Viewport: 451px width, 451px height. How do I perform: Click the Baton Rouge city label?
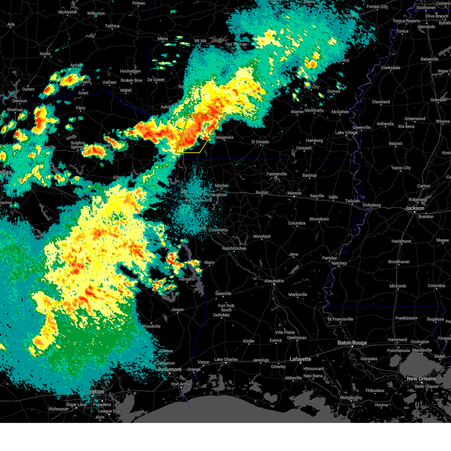[x=352, y=343]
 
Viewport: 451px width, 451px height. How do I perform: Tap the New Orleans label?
[x=421, y=378]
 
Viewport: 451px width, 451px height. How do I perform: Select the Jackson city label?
[x=415, y=208]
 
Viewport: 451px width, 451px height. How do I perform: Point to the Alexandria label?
[x=274, y=281]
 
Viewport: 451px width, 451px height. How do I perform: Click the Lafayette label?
[x=300, y=359]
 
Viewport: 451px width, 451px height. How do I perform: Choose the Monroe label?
[x=294, y=193]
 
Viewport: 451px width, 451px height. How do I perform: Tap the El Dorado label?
[x=260, y=142]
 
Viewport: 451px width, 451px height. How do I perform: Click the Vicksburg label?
[x=371, y=205]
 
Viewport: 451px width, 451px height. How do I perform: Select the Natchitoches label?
[x=234, y=248]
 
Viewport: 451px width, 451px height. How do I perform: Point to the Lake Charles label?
[x=226, y=360]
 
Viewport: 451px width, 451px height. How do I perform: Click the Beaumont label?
[x=170, y=369]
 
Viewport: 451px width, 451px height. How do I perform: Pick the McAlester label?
[x=68, y=12]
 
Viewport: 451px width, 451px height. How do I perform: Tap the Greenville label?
[x=362, y=127]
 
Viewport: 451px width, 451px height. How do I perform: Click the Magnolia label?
[x=225, y=138]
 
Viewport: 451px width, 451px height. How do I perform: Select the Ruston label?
[x=262, y=192]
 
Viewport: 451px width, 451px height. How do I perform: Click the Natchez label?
[x=339, y=263]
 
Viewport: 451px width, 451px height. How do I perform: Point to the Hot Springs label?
[x=236, y=44]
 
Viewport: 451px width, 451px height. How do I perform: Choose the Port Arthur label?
[x=181, y=384]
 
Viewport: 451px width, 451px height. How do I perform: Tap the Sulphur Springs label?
[x=78, y=145]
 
